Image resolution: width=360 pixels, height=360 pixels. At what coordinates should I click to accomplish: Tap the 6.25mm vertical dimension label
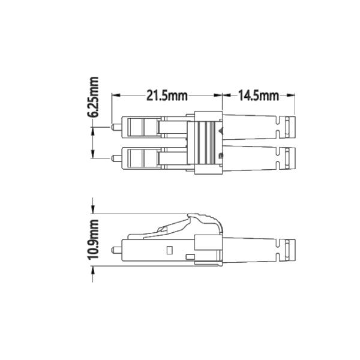click(94, 97)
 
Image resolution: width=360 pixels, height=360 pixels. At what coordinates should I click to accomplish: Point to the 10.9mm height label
click(94, 239)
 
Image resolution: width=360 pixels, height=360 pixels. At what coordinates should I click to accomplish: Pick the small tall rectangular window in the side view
click(169, 249)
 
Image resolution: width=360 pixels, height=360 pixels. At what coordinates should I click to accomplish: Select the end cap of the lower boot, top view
click(290, 158)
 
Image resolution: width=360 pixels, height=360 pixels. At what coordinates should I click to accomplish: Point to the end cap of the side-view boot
click(290, 248)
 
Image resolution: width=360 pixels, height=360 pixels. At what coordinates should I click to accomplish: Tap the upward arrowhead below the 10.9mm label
click(93, 270)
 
